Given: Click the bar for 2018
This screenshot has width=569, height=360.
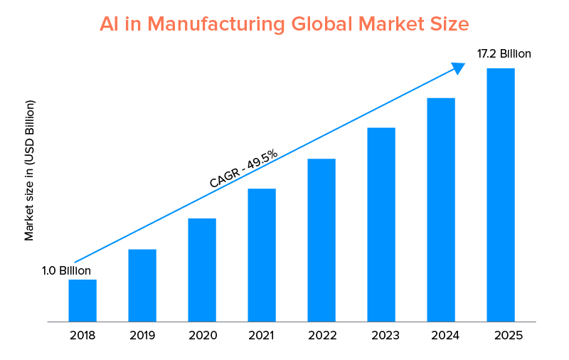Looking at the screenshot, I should coord(83,300).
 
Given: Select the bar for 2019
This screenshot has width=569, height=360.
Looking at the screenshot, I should coord(142,285).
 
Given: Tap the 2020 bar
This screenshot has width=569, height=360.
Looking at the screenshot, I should coord(202,270).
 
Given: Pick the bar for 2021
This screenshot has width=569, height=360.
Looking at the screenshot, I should coord(262,255).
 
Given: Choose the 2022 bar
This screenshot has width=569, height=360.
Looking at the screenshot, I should coord(321,240).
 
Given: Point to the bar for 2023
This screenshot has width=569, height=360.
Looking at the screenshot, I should coord(381,224).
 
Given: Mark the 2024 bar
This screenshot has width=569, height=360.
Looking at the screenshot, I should coord(441,209).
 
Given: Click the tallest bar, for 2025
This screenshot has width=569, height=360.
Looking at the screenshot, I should coord(501,194).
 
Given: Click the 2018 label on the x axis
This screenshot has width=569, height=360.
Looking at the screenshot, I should coord(83,335).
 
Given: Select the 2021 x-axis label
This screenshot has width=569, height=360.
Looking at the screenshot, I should coord(262,335).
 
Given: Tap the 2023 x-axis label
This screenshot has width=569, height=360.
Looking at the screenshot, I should coord(381,335).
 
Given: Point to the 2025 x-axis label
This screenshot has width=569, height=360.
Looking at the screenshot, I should coord(501,335).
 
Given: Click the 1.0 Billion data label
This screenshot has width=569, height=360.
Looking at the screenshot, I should coord(66,270).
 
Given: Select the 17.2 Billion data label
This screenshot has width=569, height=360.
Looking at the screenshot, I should coord(504,53).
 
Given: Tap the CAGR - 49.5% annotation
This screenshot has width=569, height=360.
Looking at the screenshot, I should coord(243,170).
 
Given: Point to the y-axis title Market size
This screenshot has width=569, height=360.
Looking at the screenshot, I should coord(29,171).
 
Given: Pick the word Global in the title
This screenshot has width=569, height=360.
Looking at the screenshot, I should coord(321,23).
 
